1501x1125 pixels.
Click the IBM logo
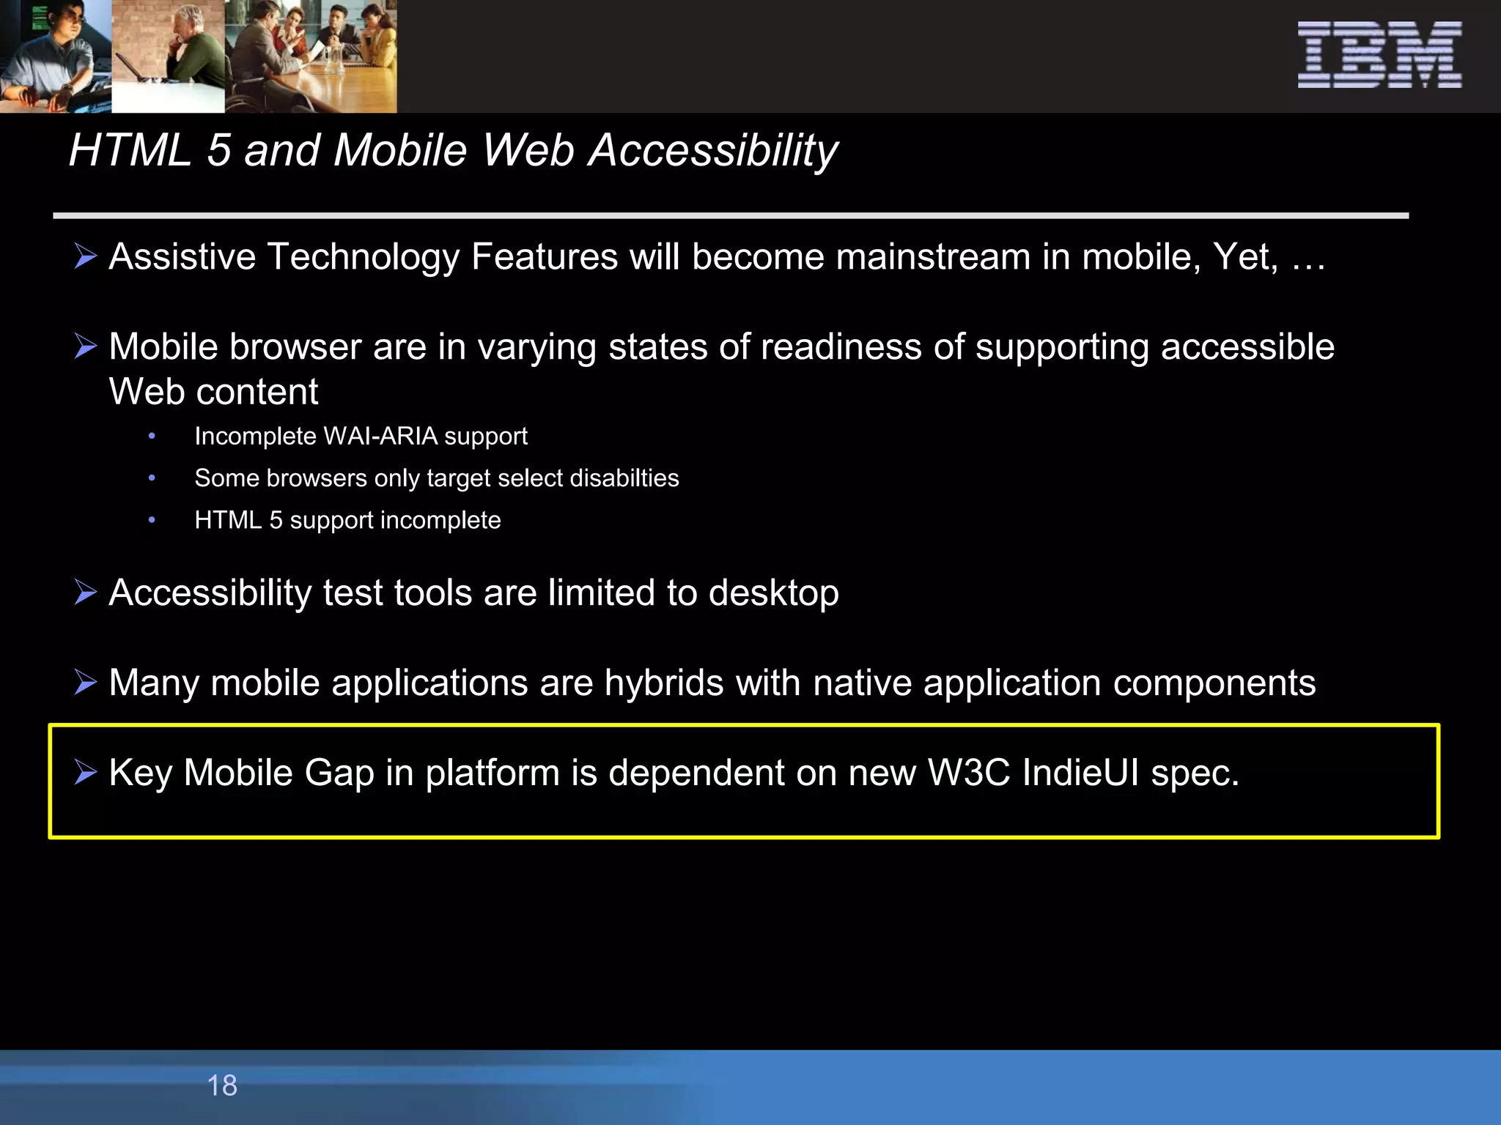click(1379, 55)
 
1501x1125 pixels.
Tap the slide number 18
click(222, 1085)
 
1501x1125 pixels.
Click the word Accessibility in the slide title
click(713, 151)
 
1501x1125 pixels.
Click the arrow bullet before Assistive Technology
click(86, 257)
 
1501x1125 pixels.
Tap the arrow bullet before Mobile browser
click(86, 346)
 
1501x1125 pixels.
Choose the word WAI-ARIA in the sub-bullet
click(380, 437)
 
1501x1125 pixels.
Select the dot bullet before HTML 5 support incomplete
click(152, 520)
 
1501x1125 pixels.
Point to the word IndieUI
click(1080, 773)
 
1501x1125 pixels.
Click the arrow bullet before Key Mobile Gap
click(86, 773)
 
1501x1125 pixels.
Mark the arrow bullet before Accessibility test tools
click(86, 593)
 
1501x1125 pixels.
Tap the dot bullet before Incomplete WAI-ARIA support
click(152, 437)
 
